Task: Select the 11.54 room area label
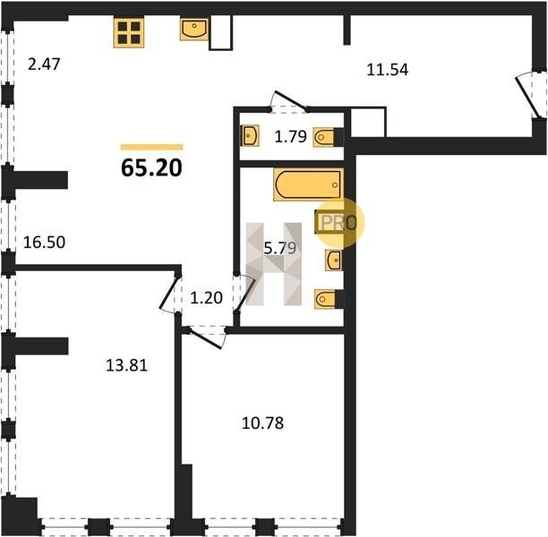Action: click(387, 68)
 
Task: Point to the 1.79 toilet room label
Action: click(290, 137)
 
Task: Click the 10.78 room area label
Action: click(263, 422)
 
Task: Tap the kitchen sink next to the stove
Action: click(194, 30)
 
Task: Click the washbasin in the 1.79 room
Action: click(250, 136)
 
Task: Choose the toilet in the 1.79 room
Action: click(330, 136)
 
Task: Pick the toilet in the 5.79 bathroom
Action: click(328, 299)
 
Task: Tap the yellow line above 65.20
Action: click(151, 147)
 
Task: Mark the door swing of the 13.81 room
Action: click(169, 294)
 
